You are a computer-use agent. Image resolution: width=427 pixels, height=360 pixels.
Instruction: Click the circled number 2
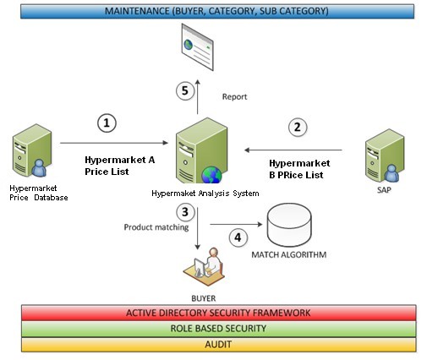[296, 128]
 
